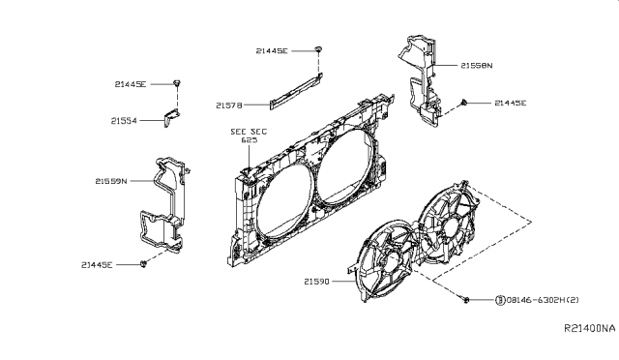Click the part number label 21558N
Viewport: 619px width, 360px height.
pos(477,65)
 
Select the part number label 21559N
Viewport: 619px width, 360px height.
pos(111,181)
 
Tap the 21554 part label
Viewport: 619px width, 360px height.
pos(124,121)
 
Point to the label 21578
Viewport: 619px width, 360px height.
pos(229,105)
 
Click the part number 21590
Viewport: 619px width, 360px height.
pos(316,282)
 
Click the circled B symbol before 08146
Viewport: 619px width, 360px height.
pos(500,300)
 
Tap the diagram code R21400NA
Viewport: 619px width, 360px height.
pos(589,328)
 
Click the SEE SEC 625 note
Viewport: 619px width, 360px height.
pos(249,135)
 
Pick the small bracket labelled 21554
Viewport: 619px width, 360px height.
pos(171,117)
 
